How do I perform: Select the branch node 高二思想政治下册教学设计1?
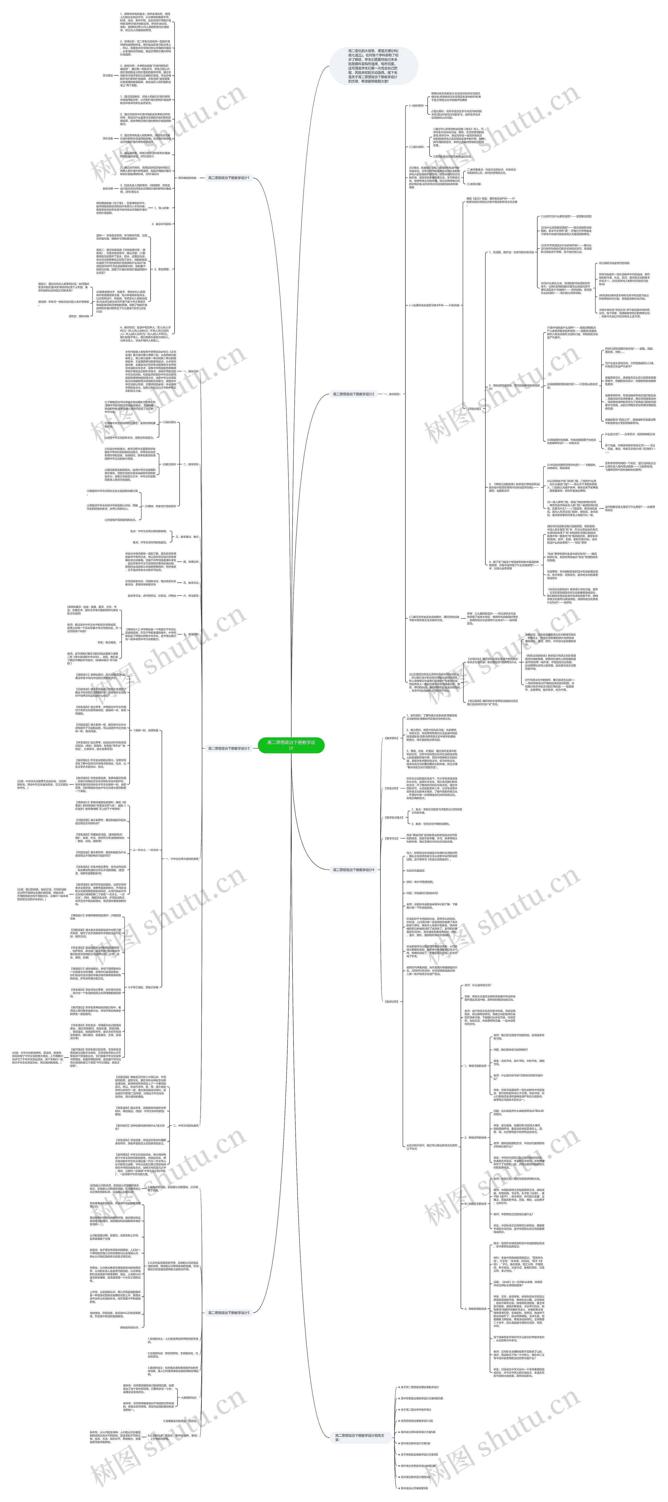tap(229, 178)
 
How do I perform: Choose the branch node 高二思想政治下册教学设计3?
tap(229, 748)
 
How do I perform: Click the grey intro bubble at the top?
tap(373, 66)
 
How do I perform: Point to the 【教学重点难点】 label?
tap(394, 817)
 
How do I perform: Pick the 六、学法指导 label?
tap(191, 596)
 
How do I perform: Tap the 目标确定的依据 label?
tap(187, 178)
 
